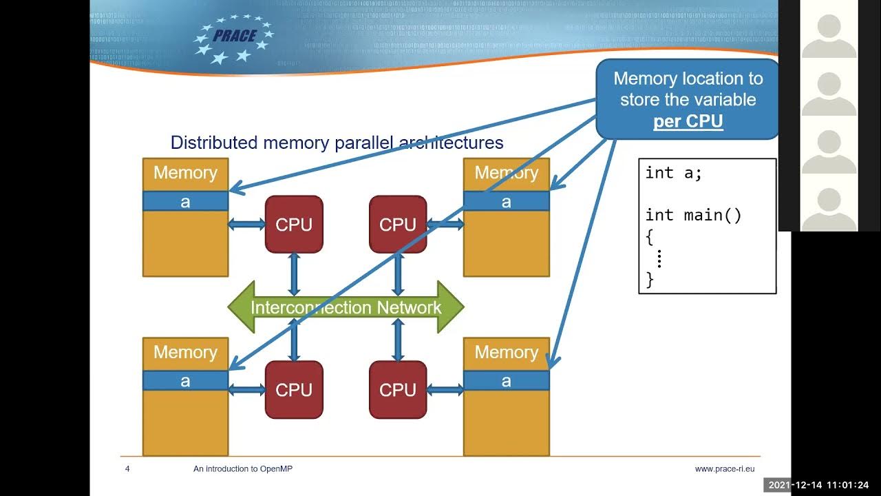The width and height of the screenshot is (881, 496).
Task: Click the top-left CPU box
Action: pyautogui.click(x=294, y=225)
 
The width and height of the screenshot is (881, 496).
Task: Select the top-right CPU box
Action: pyautogui.click(x=398, y=225)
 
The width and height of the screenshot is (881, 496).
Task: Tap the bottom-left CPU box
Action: pyautogui.click(x=294, y=390)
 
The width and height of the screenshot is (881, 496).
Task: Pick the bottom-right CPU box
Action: pyautogui.click(x=398, y=390)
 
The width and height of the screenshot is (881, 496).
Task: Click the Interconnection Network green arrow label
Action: pyautogui.click(x=346, y=307)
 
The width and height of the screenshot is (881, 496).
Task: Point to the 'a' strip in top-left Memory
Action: pyautogui.click(x=185, y=202)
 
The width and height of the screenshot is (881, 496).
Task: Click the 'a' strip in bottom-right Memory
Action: pyautogui.click(x=507, y=381)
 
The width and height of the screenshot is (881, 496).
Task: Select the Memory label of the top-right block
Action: pyautogui.click(x=507, y=173)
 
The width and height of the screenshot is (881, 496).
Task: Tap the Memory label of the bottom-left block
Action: pyautogui.click(x=185, y=353)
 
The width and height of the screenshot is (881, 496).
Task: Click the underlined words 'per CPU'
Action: pyautogui.click(x=688, y=121)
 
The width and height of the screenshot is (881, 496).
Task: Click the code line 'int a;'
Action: pyautogui.click(x=673, y=173)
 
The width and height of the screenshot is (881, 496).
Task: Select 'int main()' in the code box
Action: pyautogui.click(x=693, y=215)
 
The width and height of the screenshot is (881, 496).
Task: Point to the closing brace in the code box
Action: pyautogui.click(x=650, y=279)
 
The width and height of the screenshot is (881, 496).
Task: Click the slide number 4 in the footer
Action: pyautogui.click(x=127, y=469)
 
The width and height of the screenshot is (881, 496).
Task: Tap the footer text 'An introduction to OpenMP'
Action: pyautogui.click(x=243, y=469)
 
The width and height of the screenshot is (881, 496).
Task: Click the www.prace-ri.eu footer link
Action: pyautogui.click(x=724, y=469)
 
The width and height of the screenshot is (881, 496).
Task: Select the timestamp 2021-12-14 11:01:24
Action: pyautogui.click(x=821, y=485)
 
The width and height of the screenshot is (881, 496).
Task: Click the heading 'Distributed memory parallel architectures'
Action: pyautogui.click(x=337, y=143)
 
